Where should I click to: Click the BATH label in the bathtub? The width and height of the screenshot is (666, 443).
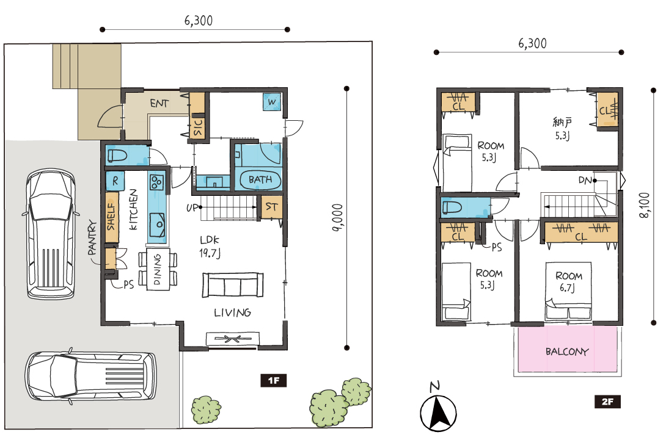[260, 179]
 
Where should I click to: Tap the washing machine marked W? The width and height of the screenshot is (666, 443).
[271, 102]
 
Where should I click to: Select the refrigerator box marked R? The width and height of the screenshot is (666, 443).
[115, 181]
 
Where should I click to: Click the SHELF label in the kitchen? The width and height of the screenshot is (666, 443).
[111, 217]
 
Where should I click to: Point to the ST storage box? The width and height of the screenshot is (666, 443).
[271, 207]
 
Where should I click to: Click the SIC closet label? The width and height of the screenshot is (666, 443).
[198, 127]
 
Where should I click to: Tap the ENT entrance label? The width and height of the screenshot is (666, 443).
[159, 104]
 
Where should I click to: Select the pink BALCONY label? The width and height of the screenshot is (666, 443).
[567, 351]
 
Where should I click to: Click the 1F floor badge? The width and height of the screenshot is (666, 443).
[274, 380]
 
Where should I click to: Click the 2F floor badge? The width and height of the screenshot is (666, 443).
[607, 402]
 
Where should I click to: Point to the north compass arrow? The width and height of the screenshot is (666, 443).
[438, 413]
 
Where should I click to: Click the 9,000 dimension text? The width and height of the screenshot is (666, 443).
[338, 218]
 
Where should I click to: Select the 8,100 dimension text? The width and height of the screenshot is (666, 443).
[645, 206]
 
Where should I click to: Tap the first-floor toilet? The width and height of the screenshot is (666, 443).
[117, 156]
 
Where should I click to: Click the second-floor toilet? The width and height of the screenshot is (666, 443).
[452, 207]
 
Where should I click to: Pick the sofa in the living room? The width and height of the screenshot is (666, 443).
[233, 285]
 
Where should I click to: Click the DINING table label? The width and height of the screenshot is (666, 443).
[158, 270]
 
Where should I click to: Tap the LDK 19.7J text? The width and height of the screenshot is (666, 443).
[210, 247]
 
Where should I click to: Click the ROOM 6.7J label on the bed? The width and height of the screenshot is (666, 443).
[569, 282]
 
